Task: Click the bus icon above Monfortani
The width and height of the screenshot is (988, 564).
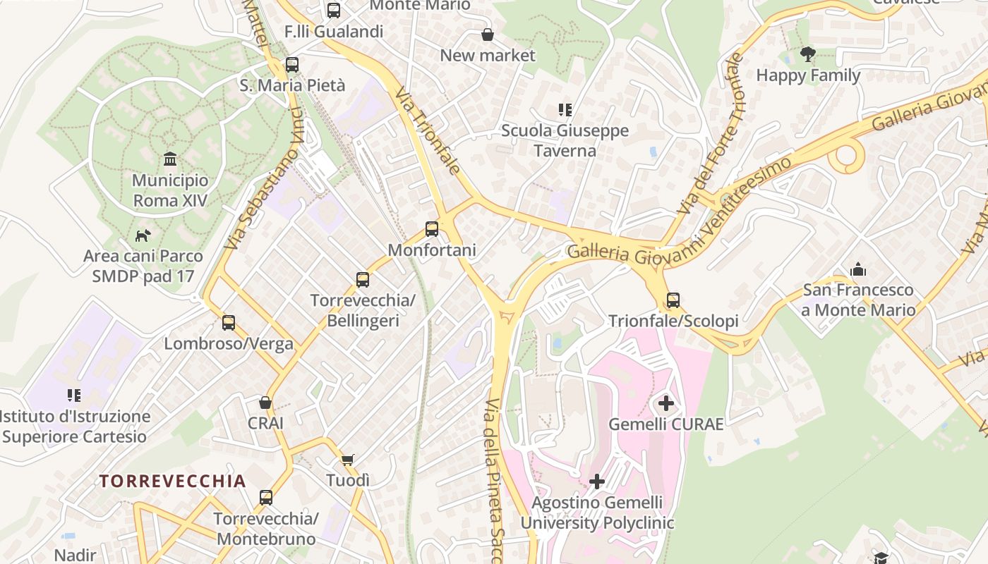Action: (432, 229)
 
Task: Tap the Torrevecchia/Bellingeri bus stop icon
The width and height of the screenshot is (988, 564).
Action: (363, 280)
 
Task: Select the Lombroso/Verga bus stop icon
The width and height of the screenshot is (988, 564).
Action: (229, 323)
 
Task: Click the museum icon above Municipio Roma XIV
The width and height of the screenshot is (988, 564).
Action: (170, 159)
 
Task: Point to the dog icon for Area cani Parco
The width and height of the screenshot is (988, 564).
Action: (143, 235)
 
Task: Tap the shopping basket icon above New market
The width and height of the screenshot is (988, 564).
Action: (487, 35)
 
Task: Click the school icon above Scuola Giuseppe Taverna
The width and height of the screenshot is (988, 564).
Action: (565, 110)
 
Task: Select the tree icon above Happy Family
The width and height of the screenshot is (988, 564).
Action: (808, 54)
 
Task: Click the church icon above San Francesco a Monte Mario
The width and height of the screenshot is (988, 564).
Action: (858, 269)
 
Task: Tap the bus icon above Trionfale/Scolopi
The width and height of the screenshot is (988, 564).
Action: (673, 300)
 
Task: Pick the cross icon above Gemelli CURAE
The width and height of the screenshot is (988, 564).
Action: (665, 404)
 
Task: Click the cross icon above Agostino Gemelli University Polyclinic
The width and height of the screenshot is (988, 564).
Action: (597, 482)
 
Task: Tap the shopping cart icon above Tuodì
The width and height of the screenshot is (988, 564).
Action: (348, 460)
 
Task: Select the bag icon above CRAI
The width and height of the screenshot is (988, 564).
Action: (265, 403)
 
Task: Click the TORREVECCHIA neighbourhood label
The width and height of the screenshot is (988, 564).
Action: (173, 482)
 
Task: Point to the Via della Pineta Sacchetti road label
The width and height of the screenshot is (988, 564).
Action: (494, 479)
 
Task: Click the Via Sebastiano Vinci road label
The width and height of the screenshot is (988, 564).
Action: (264, 180)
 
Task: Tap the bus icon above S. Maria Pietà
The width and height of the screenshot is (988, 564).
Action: (292, 65)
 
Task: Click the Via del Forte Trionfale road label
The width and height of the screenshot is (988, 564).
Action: (711, 134)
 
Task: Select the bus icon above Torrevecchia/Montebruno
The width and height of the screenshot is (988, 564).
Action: (266, 498)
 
